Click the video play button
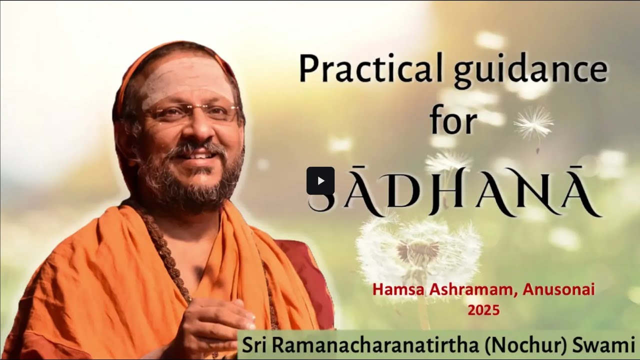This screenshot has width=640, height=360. click(x=320, y=180)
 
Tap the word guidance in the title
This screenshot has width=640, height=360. click(x=530, y=71)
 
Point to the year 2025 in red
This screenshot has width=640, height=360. click(x=483, y=310)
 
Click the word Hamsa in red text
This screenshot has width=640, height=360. click(x=395, y=290)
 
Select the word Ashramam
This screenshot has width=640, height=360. click(x=468, y=290)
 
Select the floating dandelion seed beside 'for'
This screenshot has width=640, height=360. click(x=534, y=122)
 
